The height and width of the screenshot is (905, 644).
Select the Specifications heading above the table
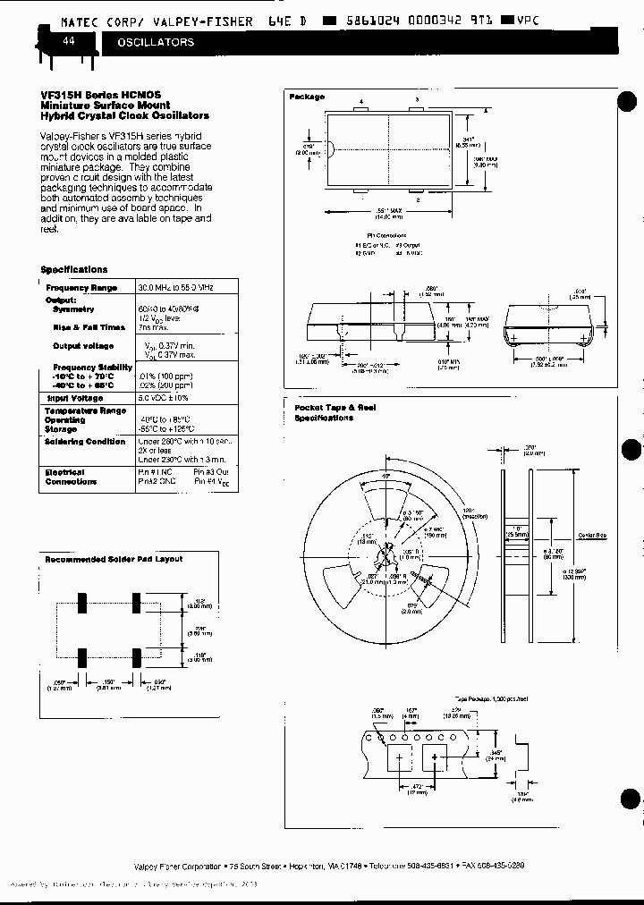point(74,269)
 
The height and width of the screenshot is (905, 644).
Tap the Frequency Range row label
point(81,287)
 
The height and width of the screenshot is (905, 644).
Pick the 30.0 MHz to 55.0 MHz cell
point(175,287)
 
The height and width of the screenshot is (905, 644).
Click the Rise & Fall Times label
point(89,327)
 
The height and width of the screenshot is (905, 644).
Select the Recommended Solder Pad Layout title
point(114,559)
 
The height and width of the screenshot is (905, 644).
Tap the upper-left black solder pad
point(81,604)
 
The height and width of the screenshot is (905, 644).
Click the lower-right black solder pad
point(137,657)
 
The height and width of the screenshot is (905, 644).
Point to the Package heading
point(306,97)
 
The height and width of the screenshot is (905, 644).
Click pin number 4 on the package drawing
point(361,103)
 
